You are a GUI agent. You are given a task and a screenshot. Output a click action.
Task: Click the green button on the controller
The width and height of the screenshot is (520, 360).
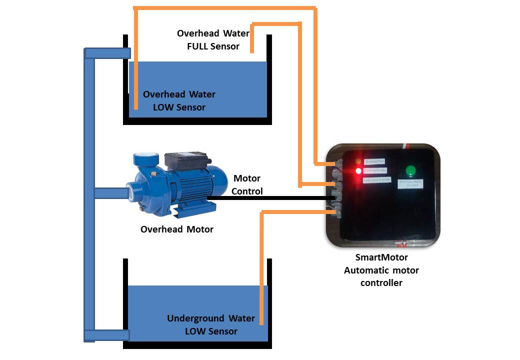point(410,171)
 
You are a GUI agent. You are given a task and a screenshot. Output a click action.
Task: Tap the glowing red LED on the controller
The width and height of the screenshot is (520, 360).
point(358,171)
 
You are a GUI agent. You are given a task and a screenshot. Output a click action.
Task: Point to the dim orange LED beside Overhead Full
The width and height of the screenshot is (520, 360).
point(358,161)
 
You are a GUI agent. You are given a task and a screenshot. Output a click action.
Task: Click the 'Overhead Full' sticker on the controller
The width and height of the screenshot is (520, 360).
point(374,162)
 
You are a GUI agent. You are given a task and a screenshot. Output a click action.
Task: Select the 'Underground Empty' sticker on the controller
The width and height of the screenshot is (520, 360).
point(376,179)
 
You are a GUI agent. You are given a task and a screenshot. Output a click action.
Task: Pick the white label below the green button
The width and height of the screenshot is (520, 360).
point(410,184)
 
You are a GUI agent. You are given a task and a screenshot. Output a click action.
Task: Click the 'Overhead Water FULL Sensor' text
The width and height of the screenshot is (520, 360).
point(213,40)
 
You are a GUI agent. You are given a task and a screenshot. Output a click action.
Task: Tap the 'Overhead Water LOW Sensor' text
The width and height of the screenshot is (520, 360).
point(179,100)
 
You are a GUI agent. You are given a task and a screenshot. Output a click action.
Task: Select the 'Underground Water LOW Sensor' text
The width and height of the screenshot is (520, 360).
point(211,324)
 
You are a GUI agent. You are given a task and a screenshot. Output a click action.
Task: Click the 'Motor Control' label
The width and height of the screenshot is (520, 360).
point(247,184)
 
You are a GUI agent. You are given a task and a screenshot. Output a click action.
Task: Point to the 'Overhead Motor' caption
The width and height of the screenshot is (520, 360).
point(177,229)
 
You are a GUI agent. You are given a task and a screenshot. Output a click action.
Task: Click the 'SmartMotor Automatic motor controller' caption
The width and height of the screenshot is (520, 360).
point(381,270)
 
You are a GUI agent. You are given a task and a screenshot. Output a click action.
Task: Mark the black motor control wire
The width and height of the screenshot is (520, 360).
point(270,198)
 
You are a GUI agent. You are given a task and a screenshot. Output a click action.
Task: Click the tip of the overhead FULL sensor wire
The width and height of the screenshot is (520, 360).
point(252,51)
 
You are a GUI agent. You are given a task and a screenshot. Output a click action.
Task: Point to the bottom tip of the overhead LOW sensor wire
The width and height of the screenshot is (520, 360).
point(135,107)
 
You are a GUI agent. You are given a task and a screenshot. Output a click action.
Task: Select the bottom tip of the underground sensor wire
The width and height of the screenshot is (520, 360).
point(261,323)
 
